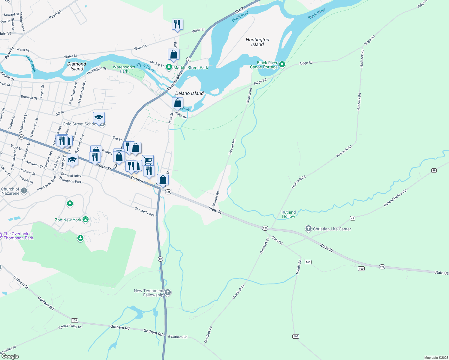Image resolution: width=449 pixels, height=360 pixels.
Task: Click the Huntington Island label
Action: (x=257, y=42)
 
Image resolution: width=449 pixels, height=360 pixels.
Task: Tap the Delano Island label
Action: (x=189, y=93)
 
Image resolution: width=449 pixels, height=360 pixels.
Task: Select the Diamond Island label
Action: (x=77, y=66)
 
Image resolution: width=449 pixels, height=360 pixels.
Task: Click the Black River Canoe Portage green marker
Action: (x=282, y=64)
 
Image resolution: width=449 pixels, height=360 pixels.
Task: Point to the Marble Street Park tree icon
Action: (x=169, y=67)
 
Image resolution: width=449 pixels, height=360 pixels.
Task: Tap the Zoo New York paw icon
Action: (x=86, y=219)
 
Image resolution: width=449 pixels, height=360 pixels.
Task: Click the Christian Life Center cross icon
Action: (x=308, y=229)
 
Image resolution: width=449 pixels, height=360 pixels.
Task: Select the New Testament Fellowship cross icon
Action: (x=168, y=292)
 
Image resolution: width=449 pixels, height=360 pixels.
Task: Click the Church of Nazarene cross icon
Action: (x=24, y=191)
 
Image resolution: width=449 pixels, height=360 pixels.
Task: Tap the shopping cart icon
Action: (x=148, y=160)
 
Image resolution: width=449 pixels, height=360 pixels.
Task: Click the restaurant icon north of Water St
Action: (x=177, y=24)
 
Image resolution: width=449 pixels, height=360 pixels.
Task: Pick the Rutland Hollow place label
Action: (x=288, y=214)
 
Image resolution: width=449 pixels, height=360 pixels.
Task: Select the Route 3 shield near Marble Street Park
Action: (x=188, y=59)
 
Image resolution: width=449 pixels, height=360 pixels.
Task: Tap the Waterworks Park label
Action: (x=124, y=69)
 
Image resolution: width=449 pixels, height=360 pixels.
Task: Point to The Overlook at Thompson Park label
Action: (x=18, y=236)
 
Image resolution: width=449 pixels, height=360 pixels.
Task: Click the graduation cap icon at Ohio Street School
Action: (x=99, y=118)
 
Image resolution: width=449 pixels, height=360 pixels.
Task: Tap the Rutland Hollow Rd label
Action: (x=395, y=198)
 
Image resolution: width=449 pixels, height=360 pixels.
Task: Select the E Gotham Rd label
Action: (x=177, y=337)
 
